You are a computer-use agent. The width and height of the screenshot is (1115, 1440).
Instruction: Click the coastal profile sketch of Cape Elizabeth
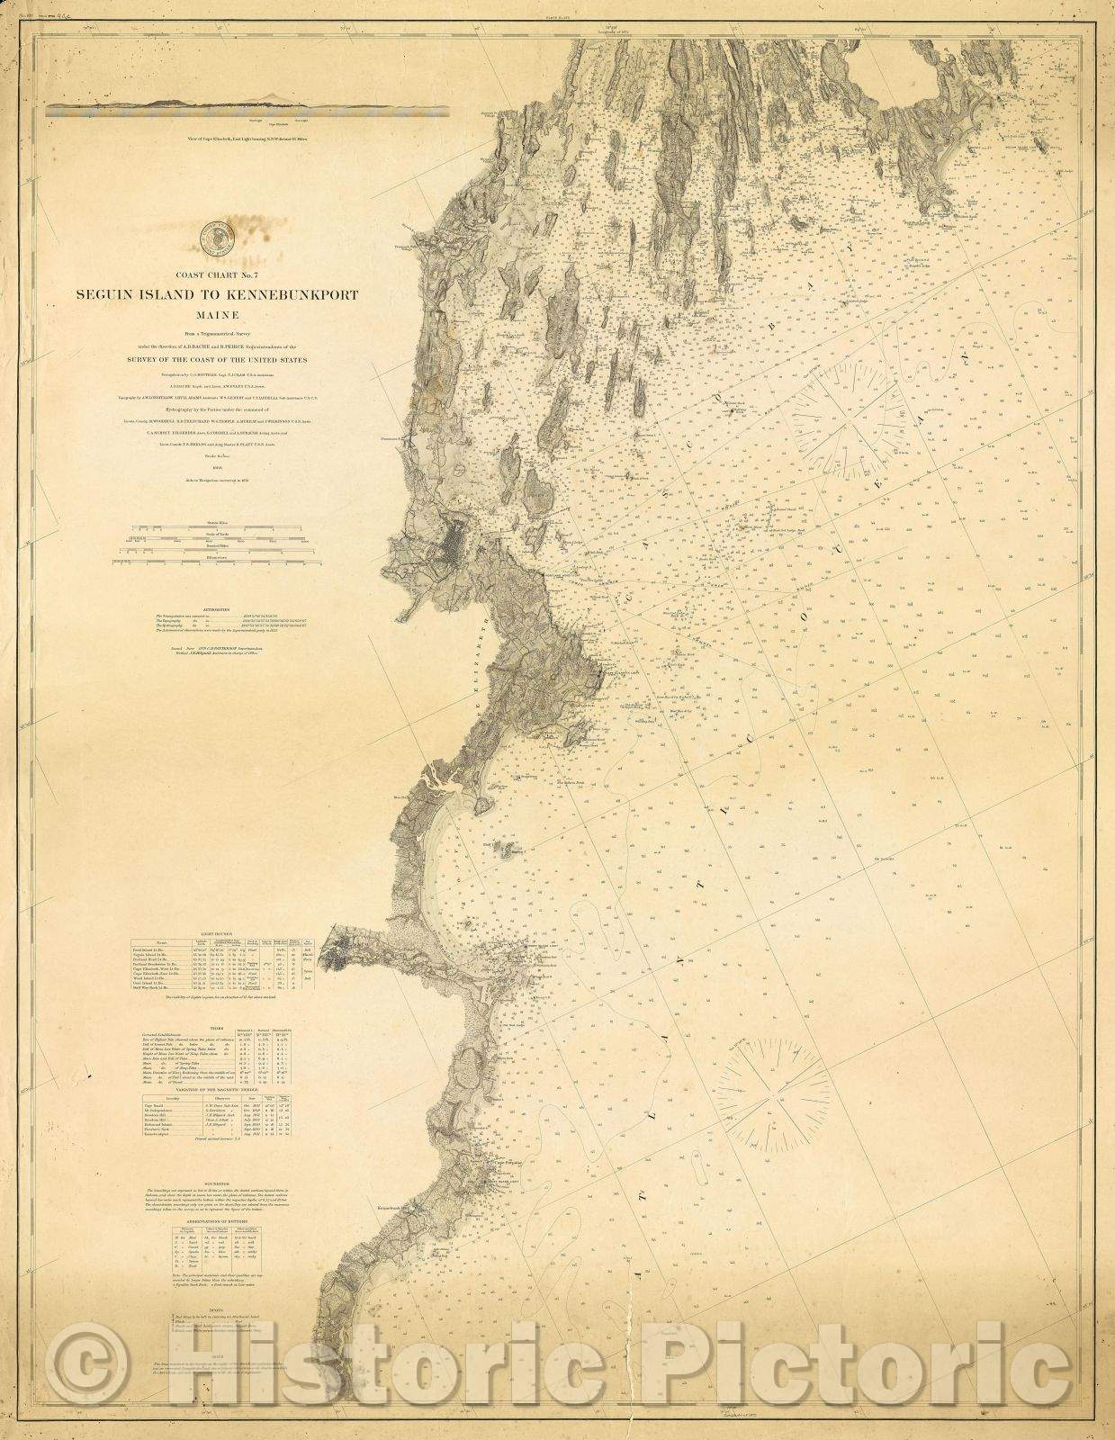coord(247,110)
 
